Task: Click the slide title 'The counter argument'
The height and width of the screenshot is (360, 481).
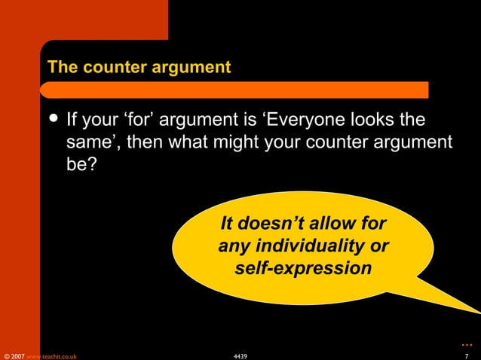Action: click(x=139, y=67)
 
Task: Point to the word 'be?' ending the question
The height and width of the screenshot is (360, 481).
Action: click(x=81, y=163)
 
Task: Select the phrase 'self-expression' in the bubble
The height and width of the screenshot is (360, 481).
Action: click(x=303, y=267)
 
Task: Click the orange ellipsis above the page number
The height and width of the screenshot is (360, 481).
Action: click(x=467, y=343)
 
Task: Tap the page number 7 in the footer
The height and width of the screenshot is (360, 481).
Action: click(x=467, y=355)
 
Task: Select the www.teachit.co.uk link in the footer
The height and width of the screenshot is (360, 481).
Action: click(x=51, y=355)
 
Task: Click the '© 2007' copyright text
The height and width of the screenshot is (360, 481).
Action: click(x=14, y=355)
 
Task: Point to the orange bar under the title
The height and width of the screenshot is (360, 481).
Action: click(x=234, y=90)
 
